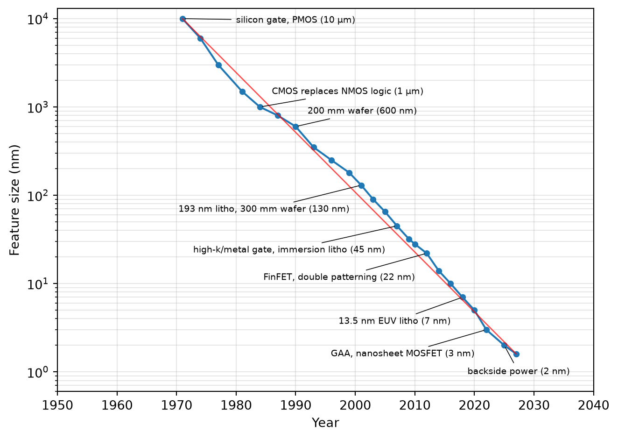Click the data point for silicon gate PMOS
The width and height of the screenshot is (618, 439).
coord(183,19)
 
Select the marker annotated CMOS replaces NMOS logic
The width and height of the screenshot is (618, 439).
coord(260,107)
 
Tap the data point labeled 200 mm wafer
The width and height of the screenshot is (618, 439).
coord(295,127)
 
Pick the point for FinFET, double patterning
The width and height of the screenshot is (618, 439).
coord(427,254)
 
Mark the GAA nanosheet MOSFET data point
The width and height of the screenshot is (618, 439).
coord(487,330)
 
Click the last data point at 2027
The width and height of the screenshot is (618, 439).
coord(516,354)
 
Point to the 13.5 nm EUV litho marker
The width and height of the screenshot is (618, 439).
coord(463,297)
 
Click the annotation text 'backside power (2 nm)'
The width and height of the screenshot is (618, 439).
coord(519,371)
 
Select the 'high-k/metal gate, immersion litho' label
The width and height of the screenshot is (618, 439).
coord(289,249)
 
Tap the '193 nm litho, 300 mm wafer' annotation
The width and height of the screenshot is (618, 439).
coord(264,209)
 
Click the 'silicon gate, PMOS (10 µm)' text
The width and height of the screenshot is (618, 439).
coord(295,20)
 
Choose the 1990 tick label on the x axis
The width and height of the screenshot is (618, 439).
coord(295,405)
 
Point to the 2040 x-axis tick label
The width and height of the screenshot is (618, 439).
coord(593,405)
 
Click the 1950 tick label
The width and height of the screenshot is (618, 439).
coord(57,405)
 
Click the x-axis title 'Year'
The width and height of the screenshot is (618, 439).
coord(325,423)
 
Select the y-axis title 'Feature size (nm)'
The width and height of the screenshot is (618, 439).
coord(14,200)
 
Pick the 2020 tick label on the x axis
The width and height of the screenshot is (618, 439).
coord(474,405)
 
